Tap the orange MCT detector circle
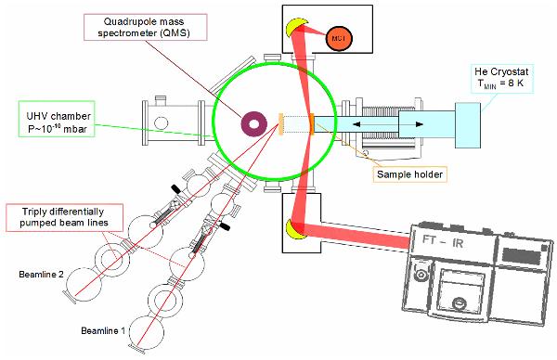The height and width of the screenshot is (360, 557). click(339, 38)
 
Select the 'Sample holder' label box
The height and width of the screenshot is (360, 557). click(409, 174)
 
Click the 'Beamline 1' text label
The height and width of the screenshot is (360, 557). click(103, 331)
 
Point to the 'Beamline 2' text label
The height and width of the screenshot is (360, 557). click(41, 275)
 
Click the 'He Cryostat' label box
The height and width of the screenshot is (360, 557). click(502, 78)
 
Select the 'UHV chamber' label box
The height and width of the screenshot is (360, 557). click(57, 119)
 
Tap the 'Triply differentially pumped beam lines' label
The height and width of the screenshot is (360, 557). click(65, 217)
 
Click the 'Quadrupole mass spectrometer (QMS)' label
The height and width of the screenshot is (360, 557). click(145, 27)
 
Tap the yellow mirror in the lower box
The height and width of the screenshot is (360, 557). click(296, 229)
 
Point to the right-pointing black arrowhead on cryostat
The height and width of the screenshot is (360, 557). click(420, 124)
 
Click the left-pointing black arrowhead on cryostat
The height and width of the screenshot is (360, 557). click(356, 124)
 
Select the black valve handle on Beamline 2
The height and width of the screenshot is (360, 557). click(175, 188)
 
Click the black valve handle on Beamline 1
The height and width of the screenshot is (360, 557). click(224, 225)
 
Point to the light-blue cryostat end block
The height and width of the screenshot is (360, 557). click(468, 125)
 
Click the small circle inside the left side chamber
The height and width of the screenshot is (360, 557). click(161, 123)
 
